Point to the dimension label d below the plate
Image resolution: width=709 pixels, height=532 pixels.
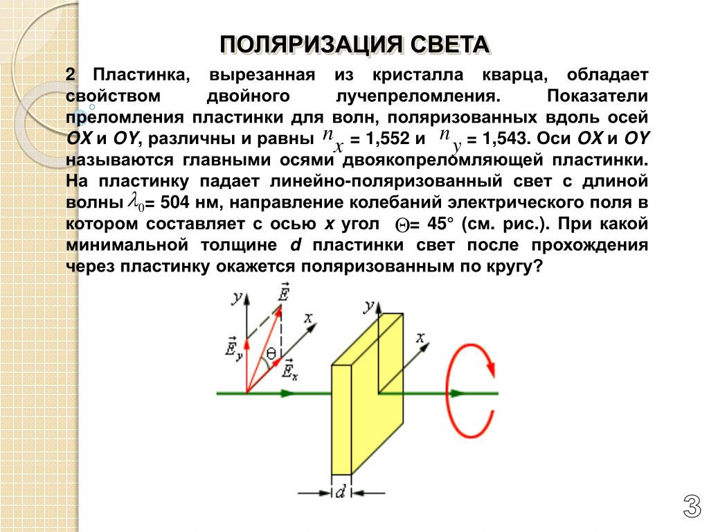point(341,493)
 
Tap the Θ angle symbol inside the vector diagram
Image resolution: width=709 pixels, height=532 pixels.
point(271,354)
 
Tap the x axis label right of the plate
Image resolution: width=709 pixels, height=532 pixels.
point(420,337)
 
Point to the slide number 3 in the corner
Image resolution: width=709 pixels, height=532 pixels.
point(690,508)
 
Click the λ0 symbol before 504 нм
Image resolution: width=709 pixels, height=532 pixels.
point(136,202)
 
